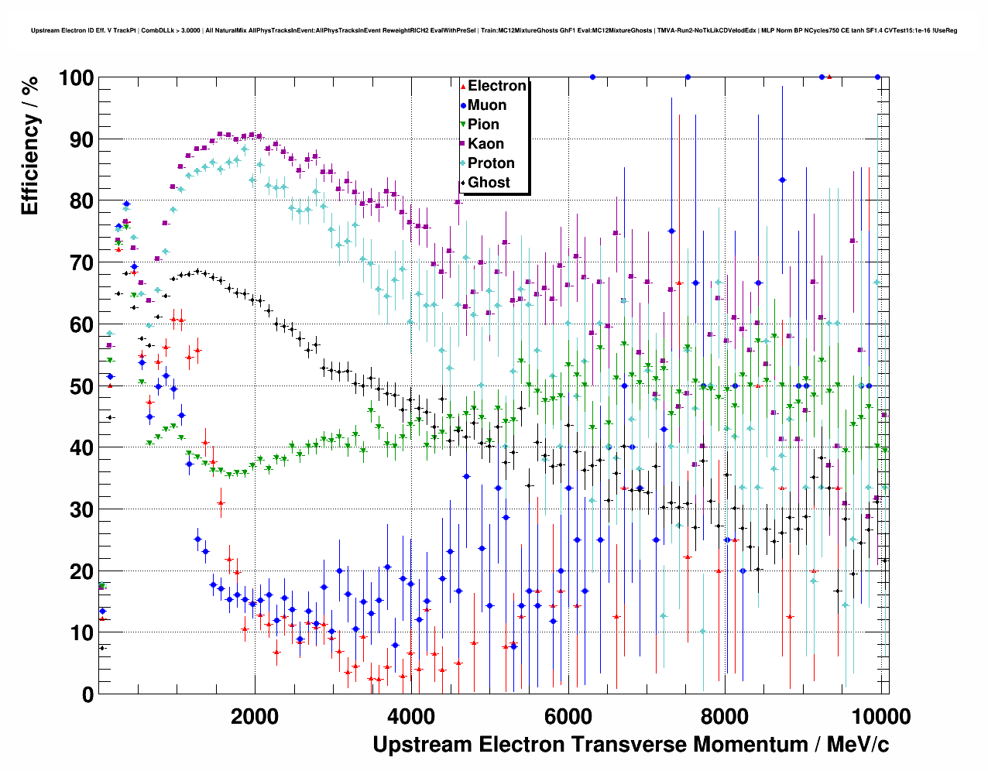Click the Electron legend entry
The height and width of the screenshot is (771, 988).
(x=496, y=86)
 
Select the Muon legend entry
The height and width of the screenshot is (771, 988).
(x=486, y=105)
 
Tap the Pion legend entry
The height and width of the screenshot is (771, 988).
(x=483, y=125)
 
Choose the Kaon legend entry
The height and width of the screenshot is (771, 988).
(x=485, y=144)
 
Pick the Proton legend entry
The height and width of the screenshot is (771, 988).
(x=491, y=163)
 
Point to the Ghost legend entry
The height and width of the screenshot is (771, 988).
(x=489, y=183)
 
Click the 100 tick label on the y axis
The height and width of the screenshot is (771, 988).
(x=76, y=78)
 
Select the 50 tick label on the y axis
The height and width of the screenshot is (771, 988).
(x=81, y=386)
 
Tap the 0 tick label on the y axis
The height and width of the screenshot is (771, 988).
(x=87, y=695)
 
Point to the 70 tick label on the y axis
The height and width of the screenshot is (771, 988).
(x=81, y=263)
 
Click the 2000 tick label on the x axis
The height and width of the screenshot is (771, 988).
(x=255, y=716)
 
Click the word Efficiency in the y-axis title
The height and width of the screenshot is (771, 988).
(x=29, y=167)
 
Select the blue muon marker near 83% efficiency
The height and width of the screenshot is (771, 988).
(x=782, y=180)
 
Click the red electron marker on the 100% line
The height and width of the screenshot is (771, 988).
(x=829, y=77)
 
